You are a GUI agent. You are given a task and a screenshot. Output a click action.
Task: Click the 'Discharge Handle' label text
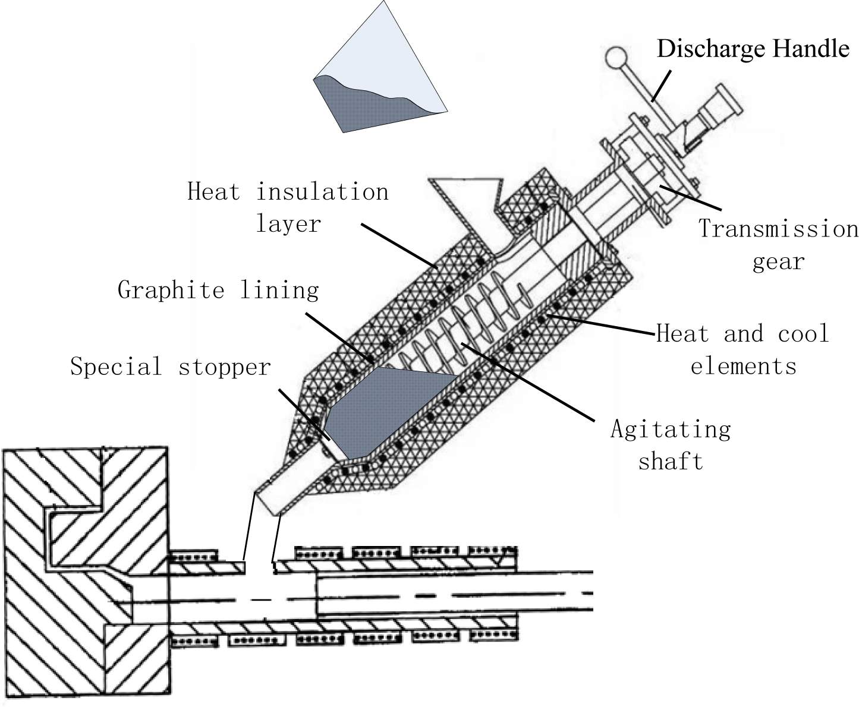click(753, 48)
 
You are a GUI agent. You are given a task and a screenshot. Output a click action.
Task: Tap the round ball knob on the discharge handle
click(616, 57)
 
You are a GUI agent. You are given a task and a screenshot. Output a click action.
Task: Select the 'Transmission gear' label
click(778, 245)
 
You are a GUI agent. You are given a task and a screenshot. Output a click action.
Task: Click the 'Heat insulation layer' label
click(288, 207)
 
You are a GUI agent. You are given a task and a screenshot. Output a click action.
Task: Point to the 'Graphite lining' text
click(218, 290)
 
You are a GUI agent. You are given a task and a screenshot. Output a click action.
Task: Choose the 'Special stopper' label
click(171, 367)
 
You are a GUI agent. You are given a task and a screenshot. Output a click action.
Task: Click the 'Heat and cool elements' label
click(742, 349)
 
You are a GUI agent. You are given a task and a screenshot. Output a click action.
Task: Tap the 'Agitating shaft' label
click(671, 444)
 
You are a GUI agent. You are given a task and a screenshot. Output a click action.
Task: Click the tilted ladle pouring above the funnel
click(380, 65)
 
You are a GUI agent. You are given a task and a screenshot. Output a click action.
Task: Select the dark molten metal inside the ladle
click(363, 104)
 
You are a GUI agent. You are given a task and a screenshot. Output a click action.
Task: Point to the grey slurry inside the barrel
click(386, 410)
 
